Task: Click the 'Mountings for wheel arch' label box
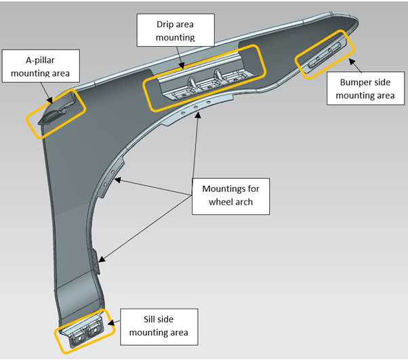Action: click(230, 193)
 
